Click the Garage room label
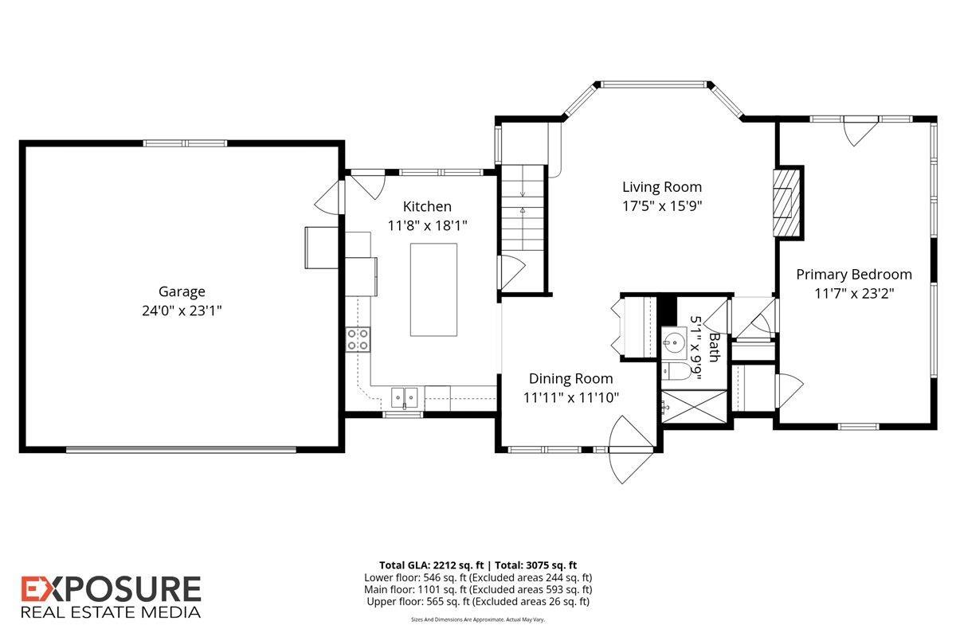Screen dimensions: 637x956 coord(182,291)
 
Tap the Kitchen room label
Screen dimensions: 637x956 coord(427,206)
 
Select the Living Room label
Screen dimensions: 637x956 coord(662,187)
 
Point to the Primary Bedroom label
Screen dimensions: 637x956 coord(854,274)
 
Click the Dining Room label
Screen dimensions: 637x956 coord(571,378)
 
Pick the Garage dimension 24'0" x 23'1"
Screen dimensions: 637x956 coord(182,311)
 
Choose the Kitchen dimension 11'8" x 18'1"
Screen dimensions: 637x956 coord(427,225)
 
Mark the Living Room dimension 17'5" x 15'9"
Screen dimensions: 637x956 coord(662,205)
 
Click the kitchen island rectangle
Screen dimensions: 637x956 coord(434,290)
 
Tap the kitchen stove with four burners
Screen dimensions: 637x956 coord(358,340)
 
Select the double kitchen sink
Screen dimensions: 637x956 coord(406,396)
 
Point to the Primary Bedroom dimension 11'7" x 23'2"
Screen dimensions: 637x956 coord(854,293)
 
